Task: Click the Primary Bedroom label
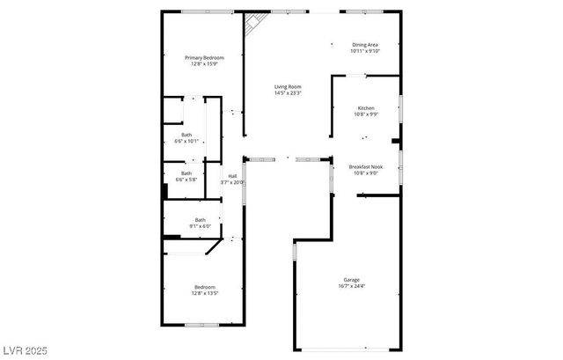click(204, 57)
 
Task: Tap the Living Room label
click(288, 86)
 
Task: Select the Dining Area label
click(365, 44)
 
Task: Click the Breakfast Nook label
click(365, 167)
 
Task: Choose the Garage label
click(351, 280)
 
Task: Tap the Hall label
click(232, 176)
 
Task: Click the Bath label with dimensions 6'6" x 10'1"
click(186, 135)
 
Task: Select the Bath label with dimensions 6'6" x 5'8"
click(186, 174)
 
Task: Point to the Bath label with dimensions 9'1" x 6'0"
click(201, 220)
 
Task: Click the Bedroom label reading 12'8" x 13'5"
click(204, 286)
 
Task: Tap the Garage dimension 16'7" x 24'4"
click(351, 286)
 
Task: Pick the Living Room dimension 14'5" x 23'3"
click(288, 92)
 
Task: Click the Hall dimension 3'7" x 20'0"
click(232, 182)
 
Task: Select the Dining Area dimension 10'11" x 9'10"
click(365, 50)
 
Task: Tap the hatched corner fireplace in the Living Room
click(252, 25)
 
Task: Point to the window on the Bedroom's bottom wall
click(208, 326)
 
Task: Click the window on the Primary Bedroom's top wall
click(208, 11)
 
